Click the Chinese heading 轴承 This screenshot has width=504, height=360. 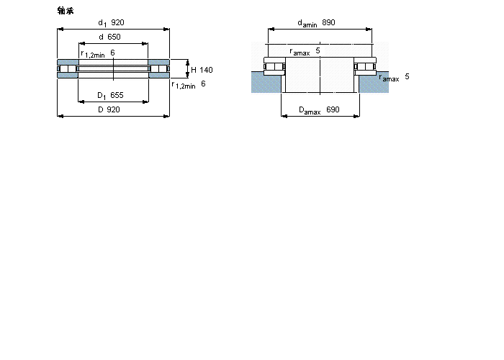(66, 11)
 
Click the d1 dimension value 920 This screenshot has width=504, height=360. (117, 22)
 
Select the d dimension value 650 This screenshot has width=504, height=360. (114, 37)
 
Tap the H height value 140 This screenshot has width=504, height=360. (206, 70)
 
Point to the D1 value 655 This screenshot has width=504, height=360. (117, 95)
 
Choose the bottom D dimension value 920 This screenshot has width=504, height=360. (113, 109)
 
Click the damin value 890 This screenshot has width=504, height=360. (328, 22)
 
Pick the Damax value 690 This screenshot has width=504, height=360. (333, 109)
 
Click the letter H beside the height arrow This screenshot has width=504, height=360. (194, 70)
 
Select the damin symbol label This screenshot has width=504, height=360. (307, 24)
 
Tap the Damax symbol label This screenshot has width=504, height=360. (310, 111)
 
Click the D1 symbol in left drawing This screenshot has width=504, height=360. (102, 96)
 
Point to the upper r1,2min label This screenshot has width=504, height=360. (93, 54)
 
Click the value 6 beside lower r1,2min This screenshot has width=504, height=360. (203, 84)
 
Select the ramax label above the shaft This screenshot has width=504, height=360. (300, 51)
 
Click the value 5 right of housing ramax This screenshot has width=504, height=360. (407, 76)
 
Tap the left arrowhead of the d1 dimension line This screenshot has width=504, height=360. (60, 30)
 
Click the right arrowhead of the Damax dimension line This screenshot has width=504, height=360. (356, 116)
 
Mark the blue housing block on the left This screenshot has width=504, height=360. (266, 82)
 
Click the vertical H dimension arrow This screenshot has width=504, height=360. (188, 69)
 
